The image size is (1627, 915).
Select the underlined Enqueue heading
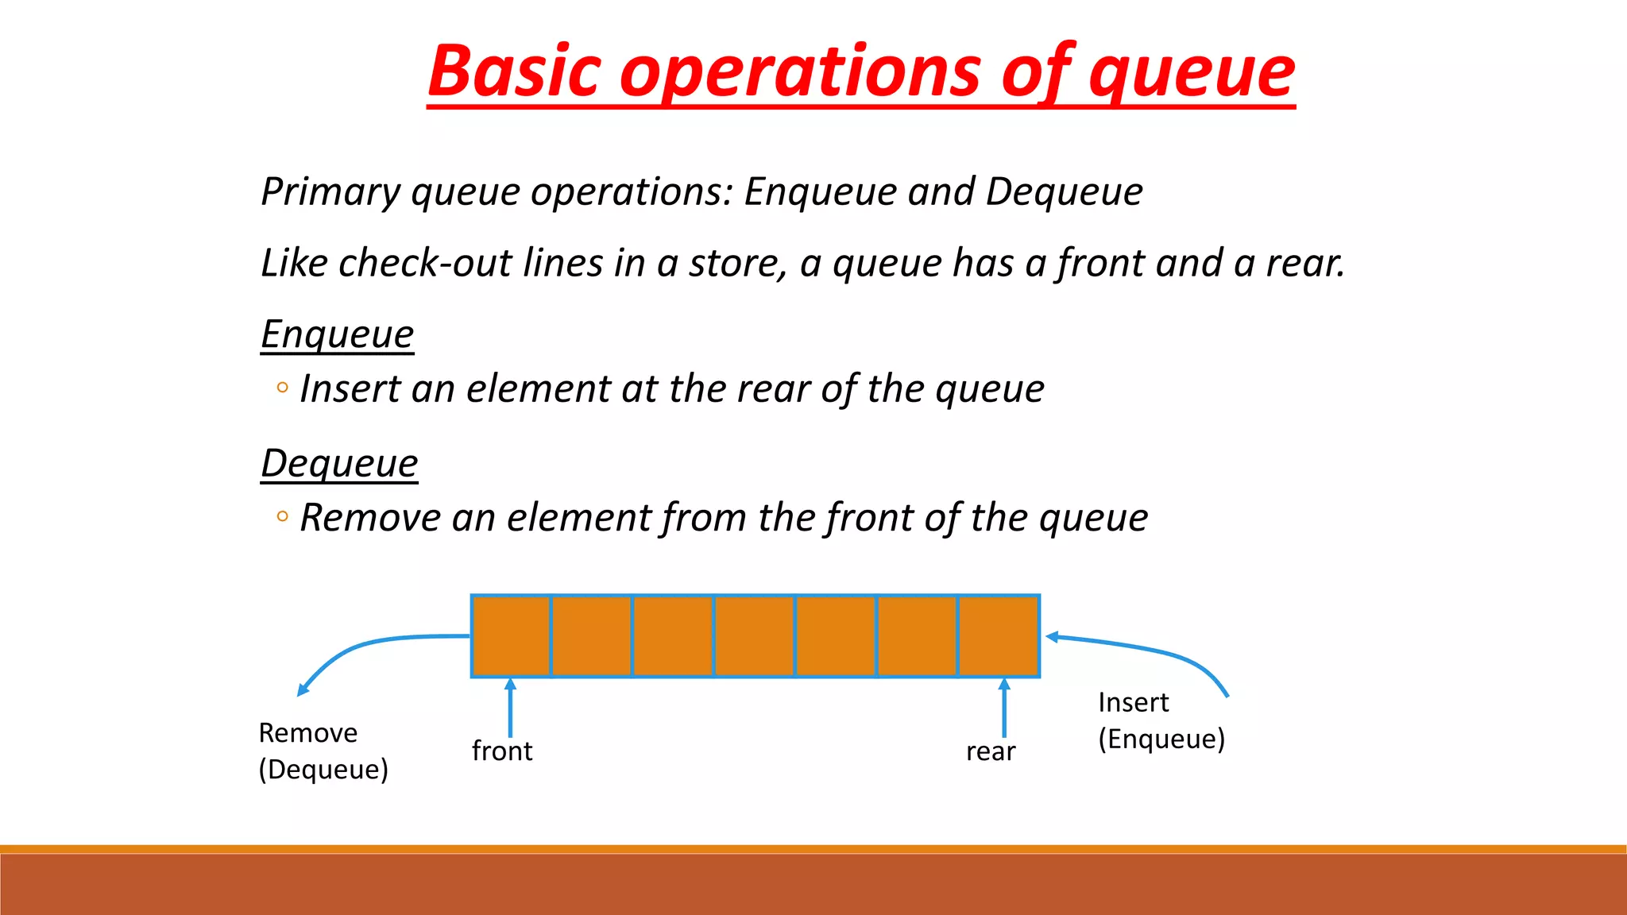point(338,334)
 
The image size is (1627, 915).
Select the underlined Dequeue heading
point(339,464)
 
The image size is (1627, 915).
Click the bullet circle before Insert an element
point(282,388)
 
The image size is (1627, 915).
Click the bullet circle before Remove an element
point(282,517)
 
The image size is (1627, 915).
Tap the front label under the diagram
point(501,751)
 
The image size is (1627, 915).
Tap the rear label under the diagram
point(991,751)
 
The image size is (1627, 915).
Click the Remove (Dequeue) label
point(323,751)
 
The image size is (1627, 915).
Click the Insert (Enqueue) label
point(1161,720)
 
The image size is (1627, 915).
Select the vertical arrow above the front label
point(510,707)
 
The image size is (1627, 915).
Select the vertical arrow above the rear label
point(1004,707)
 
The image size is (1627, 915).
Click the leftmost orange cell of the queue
point(511,635)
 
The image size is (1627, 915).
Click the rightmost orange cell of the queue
point(999,635)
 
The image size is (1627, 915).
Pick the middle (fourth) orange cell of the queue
point(755,635)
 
